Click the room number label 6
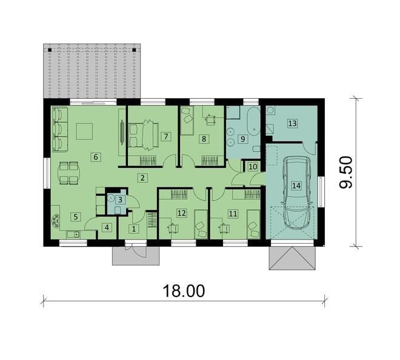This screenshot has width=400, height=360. tap(95, 157)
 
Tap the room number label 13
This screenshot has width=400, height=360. tap(293, 124)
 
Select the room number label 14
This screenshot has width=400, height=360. tap(296, 186)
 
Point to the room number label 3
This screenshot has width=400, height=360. tap(120, 199)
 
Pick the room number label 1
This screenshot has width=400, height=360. tap(135, 228)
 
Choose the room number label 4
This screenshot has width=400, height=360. tap(107, 228)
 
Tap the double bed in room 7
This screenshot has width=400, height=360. tap(144, 133)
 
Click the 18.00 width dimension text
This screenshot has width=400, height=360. tap(183, 291)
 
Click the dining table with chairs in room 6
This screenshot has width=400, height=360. tap(68, 172)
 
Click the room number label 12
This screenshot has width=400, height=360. tap(181, 213)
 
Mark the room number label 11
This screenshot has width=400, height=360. tap(233, 213)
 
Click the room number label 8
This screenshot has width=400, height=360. tap(204, 139)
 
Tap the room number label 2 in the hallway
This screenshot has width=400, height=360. tap(142, 178)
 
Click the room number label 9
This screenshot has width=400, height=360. tap(242, 139)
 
